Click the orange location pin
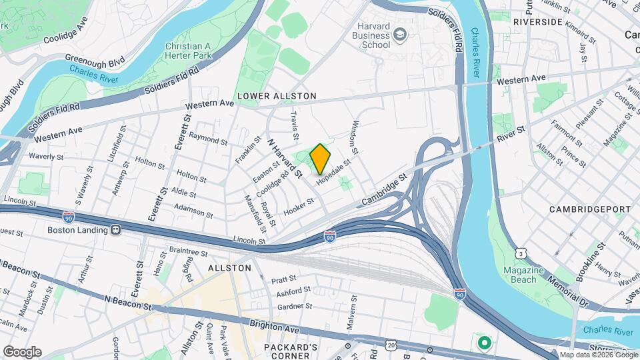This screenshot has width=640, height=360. tap(321, 159)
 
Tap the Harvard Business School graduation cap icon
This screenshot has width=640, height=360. tap(399, 34)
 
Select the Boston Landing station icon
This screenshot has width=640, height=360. tap(115, 230)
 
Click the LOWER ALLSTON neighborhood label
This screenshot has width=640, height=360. tap(276, 96)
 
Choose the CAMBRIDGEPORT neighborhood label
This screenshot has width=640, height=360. tap(590, 209)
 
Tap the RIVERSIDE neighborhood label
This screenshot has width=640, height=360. tap(537, 22)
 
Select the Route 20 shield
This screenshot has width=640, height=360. tap(391, 344)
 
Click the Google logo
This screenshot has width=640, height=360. tap(22, 352)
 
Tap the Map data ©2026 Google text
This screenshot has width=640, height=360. tap(598, 355)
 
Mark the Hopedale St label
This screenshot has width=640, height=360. tap(333, 175)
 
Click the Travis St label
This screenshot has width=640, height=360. tap(295, 121)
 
